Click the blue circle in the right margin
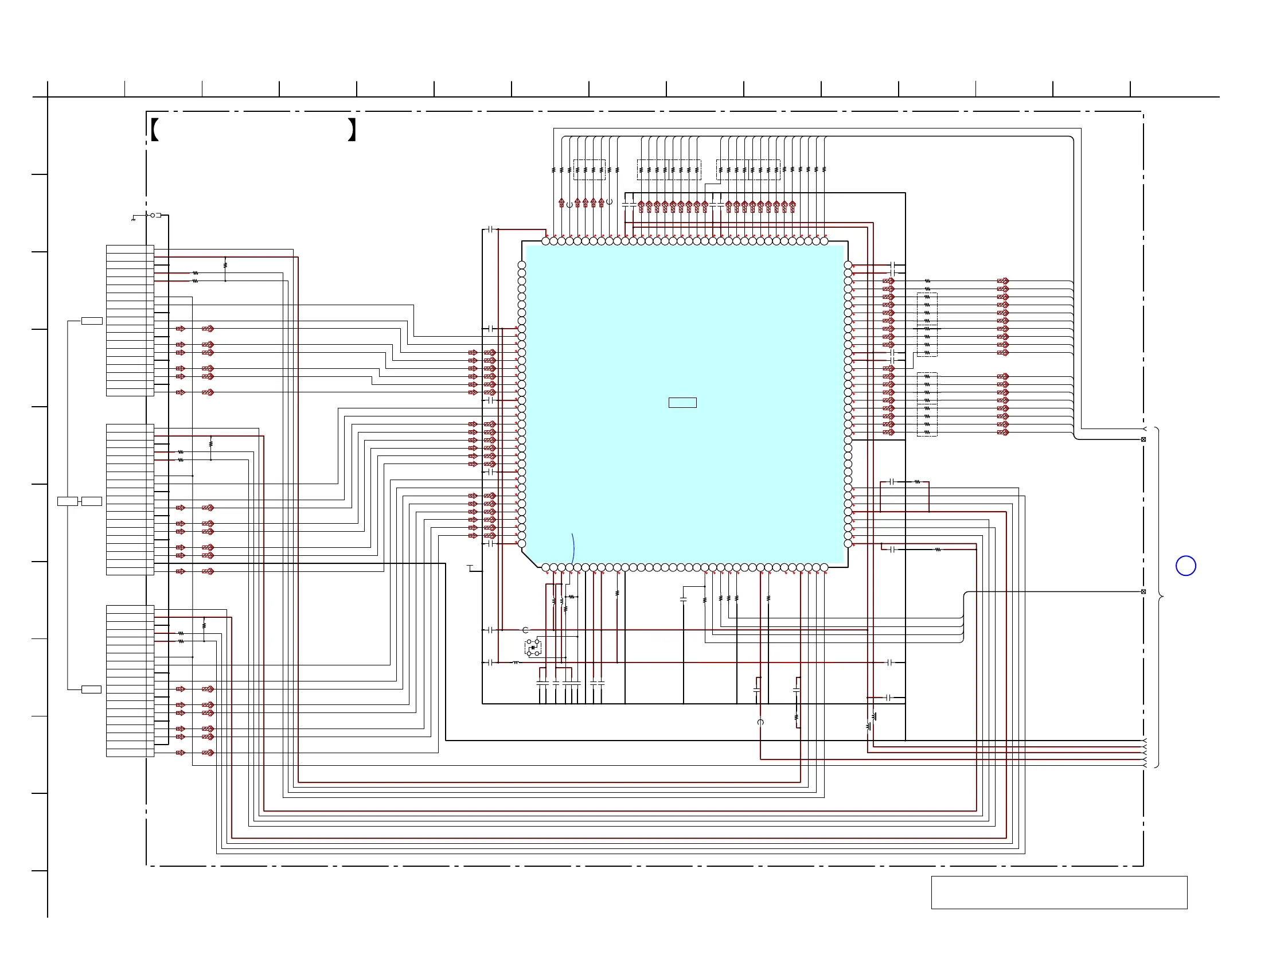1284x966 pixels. pyautogui.click(x=1185, y=566)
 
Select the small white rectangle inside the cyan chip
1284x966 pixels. pyautogui.click(x=682, y=402)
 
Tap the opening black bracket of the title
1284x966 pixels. pyautogui.click(x=154, y=130)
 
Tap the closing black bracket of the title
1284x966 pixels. pyautogui.click(x=352, y=130)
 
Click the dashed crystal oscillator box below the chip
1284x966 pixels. pyautogui.click(x=533, y=647)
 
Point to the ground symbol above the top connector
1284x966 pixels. pyautogui.click(x=134, y=219)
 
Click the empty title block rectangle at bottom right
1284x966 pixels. pyautogui.click(x=1059, y=892)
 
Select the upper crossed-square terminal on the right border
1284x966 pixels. pyautogui.click(x=1143, y=439)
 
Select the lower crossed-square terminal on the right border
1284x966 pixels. pyautogui.click(x=1143, y=591)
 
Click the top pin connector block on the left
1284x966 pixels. pyautogui.click(x=130, y=321)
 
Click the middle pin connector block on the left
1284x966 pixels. pyautogui.click(x=130, y=499)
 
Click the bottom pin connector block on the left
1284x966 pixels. pyautogui.click(x=130, y=681)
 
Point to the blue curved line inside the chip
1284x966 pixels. pyautogui.click(x=573, y=548)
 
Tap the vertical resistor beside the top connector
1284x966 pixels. pyautogui.click(x=225, y=265)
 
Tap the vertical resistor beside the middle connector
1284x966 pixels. pyautogui.click(x=210, y=443)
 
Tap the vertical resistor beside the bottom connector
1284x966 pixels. pyautogui.click(x=204, y=626)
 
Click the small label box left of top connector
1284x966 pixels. pyautogui.click(x=92, y=321)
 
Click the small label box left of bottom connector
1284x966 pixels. pyautogui.click(x=91, y=690)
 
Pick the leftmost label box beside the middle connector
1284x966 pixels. pyautogui.click(x=67, y=501)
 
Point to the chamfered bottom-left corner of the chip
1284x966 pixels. pyautogui.click(x=530, y=558)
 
